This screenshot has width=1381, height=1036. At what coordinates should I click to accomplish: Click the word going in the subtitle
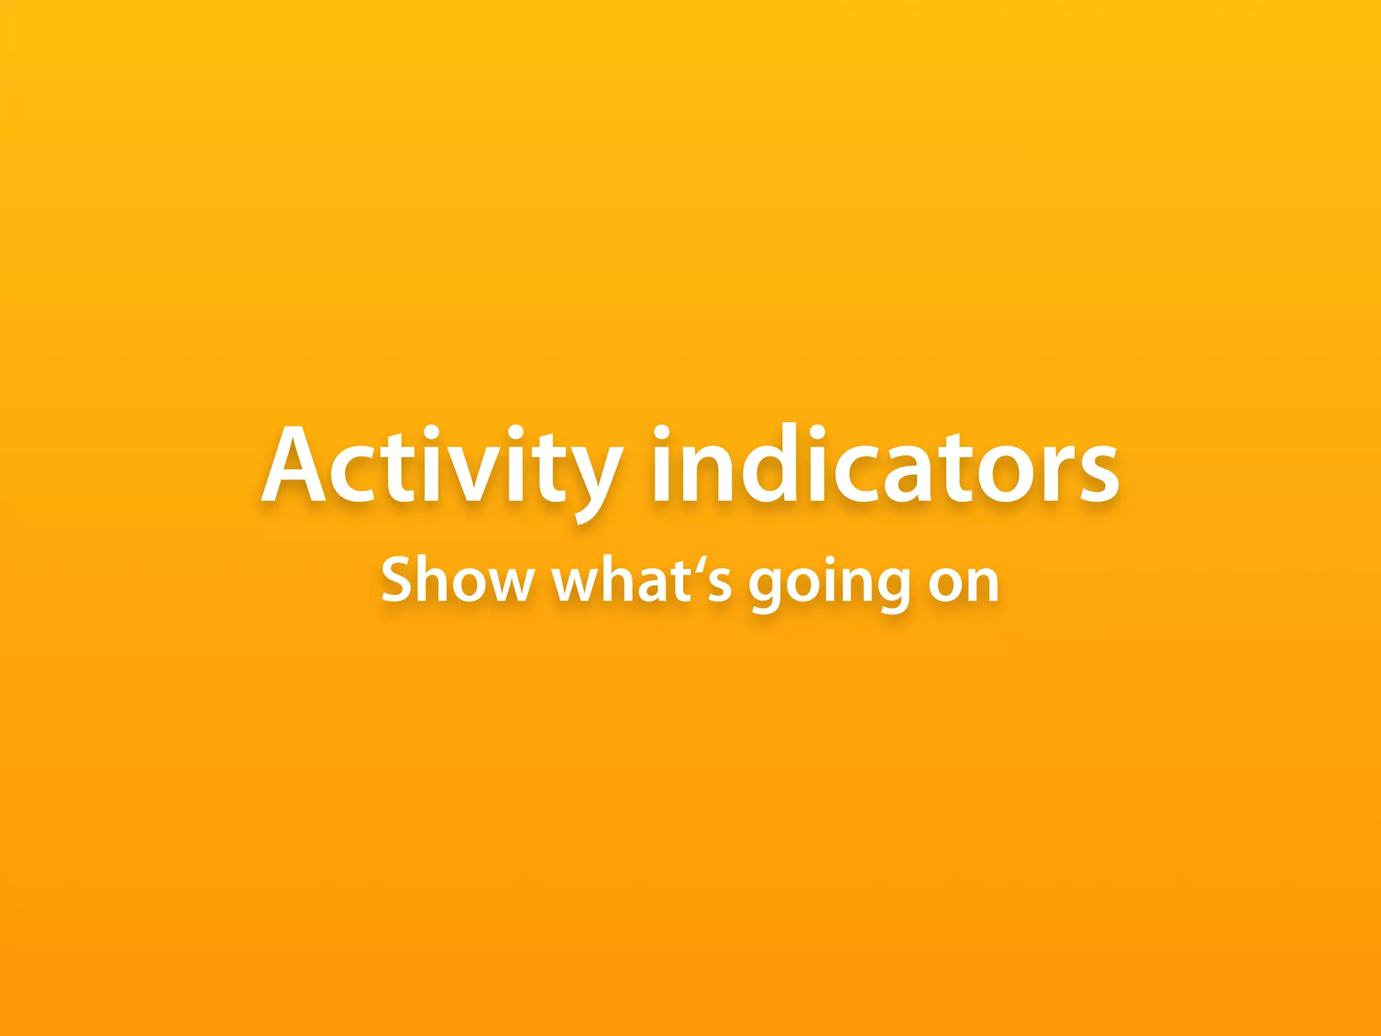pyautogui.click(x=829, y=583)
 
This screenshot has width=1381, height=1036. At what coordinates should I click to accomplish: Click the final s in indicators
pyautogui.click(x=1092, y=476)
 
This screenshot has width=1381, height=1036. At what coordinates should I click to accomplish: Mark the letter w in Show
pyautogui.click(x=508, y=584)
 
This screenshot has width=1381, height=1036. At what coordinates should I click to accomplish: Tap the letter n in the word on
pyautogui.click(x=980, y=584)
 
